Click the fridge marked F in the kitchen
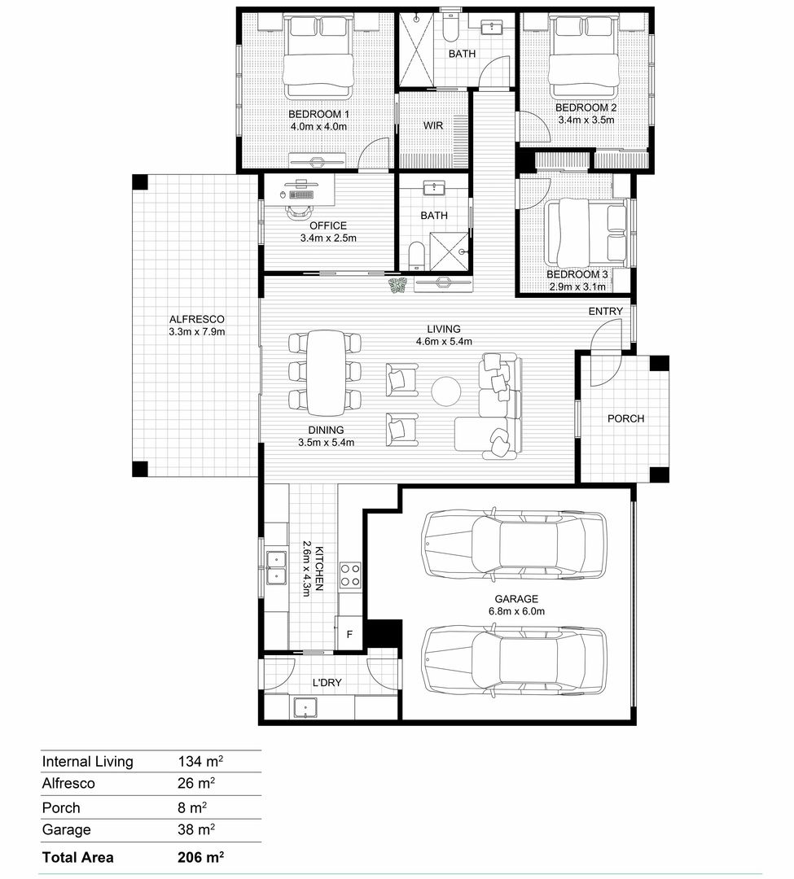tap(349, 633)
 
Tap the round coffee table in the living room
tap(446, 390)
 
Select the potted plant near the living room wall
tap(398, 286)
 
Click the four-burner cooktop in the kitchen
tap(350, 575)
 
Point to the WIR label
tap(433, 125)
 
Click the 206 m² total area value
tap(201, 857)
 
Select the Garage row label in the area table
tap(66, 829)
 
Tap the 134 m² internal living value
tap(201, 761)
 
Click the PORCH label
tap(625, 419)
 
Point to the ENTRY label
tap(606, 311)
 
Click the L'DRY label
tap(327, 683)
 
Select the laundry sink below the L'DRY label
tap(305, 708)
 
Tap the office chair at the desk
tap(300, 211)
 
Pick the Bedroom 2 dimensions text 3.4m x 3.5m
tap(586, 120)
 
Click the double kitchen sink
tap(276, 567)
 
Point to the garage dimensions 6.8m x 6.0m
tap(516, 611)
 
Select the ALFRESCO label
tap(197, 320)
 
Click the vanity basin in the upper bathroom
tap(492, 27)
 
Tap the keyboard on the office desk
tap(301, 195)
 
